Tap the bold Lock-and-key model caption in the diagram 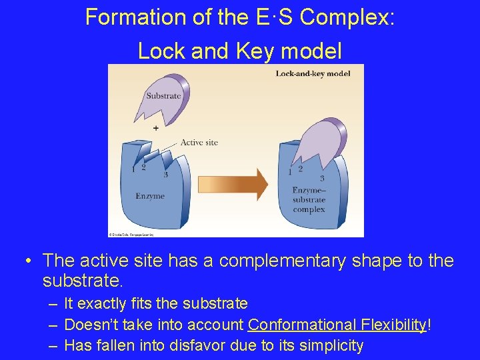click(x=313, y=73)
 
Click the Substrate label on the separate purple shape click(x=163, y=96)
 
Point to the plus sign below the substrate click(x=156, y=127)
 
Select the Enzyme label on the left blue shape click(x=149, y=196)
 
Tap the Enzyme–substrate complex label click(x=309, y=200)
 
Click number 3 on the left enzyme click(x=165, y=175)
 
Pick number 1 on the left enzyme click(x=133, y=169)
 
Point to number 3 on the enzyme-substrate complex click(x=322, y=178)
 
